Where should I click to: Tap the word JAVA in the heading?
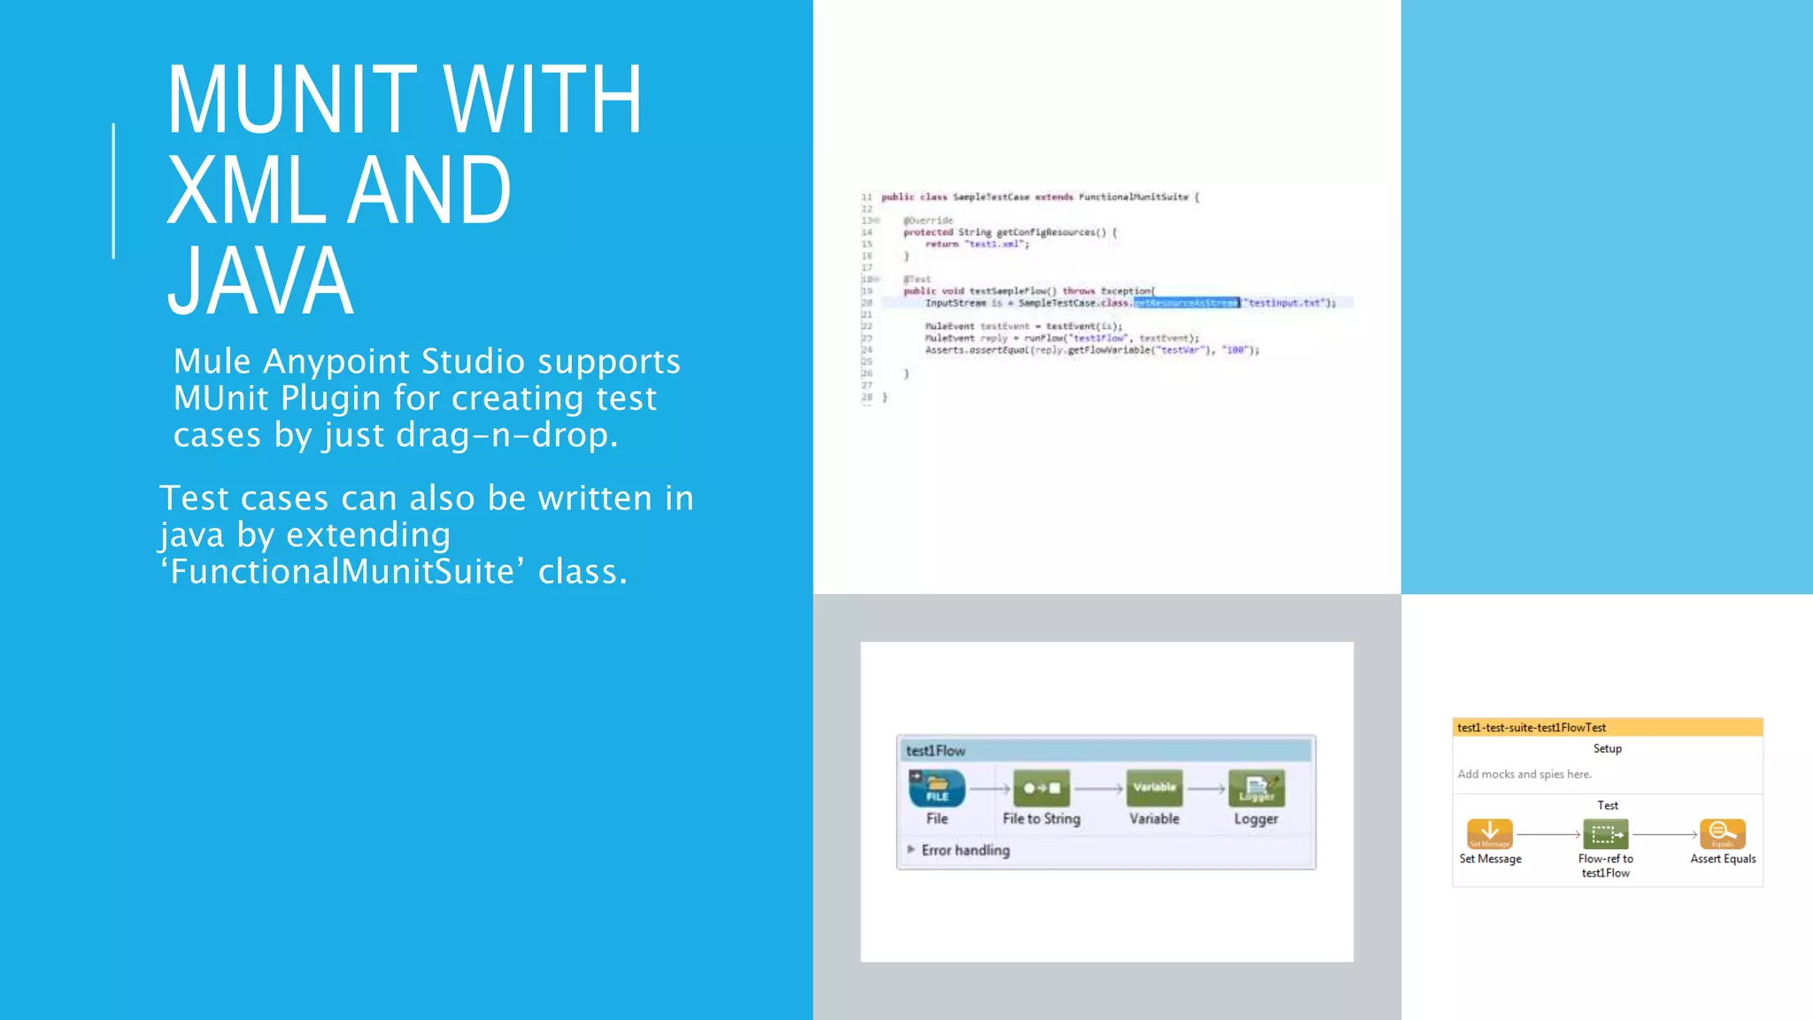[260, 282]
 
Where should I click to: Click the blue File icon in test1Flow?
[937, 788]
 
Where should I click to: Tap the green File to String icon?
[1041, 788]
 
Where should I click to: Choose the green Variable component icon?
[1153, 788]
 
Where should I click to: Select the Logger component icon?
[1256, 788]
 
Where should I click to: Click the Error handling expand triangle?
[911, 849]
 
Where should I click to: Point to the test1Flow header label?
[936, 751]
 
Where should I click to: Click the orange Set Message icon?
[1490, 833]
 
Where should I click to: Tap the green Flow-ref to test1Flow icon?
[1605, 834]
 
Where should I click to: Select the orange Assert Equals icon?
[1722, 833]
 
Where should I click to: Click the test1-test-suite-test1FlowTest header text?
[1531, 728]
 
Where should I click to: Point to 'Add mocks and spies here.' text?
[1524, 774]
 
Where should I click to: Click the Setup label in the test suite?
[1608, 748]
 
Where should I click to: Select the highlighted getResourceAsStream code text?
[1185, 303]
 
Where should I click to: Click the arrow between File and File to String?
[990, 789]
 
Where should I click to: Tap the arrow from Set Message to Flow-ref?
[1547, 834]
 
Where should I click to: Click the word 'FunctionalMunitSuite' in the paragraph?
[342, 572]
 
